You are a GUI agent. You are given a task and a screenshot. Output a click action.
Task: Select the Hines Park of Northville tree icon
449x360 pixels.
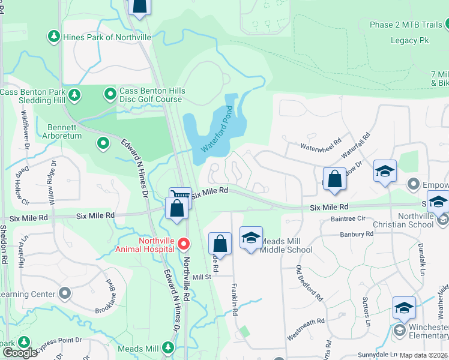[54, 37]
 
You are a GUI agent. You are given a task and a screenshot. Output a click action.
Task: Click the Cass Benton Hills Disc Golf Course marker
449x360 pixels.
[110, 94]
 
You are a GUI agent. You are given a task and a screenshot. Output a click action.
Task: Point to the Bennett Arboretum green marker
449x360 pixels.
[103, 143]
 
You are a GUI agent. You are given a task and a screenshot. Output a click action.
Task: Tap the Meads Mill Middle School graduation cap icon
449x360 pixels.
[251, 238]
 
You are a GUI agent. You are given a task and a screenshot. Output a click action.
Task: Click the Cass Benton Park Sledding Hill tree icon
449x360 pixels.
[75, 95]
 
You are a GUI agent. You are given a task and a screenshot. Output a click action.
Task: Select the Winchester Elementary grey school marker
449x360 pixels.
[399, 331]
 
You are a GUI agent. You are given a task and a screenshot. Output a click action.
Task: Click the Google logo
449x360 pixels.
[20, 352]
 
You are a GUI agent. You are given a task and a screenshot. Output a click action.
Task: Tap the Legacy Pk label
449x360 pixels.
[411, 40]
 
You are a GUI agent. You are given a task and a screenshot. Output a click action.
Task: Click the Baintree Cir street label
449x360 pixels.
[348, 219]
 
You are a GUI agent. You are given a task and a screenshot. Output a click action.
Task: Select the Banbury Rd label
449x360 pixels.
[357, 235]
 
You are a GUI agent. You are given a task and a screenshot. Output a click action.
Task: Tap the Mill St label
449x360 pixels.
[202, 277]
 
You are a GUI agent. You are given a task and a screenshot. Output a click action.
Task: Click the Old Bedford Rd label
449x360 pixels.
[310, 284]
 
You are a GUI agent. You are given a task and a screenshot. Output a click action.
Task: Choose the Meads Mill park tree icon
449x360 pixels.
[169, 348]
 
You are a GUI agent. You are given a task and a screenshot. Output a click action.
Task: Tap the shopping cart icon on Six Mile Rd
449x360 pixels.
[180, 196]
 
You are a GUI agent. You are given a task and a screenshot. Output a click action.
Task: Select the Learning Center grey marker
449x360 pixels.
[65, 294]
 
